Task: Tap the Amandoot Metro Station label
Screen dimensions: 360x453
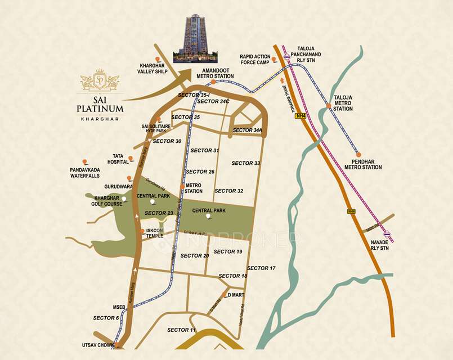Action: [x=215, y=73]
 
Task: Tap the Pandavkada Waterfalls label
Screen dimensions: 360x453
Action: [x=85, y=172]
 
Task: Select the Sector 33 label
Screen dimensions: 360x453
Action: [x=246, y=163]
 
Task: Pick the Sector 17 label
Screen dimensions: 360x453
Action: [x=261, y=268]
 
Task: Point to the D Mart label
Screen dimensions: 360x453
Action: [x=239, y=295]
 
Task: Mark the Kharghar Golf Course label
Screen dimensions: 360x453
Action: [x=109, y=201]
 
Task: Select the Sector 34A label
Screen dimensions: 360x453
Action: [x=248, y=130]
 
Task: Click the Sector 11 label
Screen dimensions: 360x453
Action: [x=182, y=330]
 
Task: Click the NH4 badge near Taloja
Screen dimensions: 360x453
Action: [x=301, y=116]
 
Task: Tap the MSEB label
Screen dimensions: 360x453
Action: [x=119, y=307]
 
